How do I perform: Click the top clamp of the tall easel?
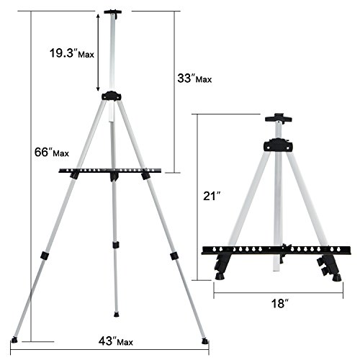[112, 12]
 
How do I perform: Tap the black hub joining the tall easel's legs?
[111, 96]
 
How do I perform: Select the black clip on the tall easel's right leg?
[173, 256]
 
